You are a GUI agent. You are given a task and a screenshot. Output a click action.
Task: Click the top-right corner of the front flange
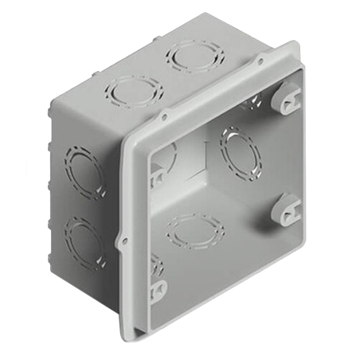297,45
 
